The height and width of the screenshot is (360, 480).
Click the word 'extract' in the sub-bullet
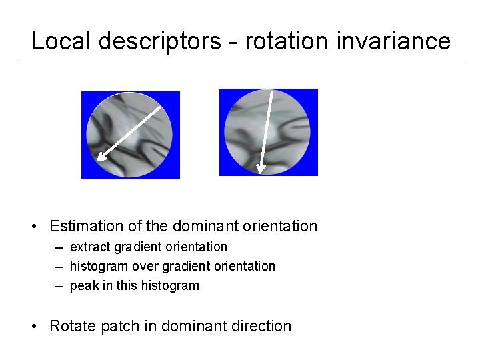coord(91,247)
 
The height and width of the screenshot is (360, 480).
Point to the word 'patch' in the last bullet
coord(119,326)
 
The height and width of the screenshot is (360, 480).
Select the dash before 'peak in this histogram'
coord(59,286)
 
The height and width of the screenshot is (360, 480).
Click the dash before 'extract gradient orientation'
coord(59,247)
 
